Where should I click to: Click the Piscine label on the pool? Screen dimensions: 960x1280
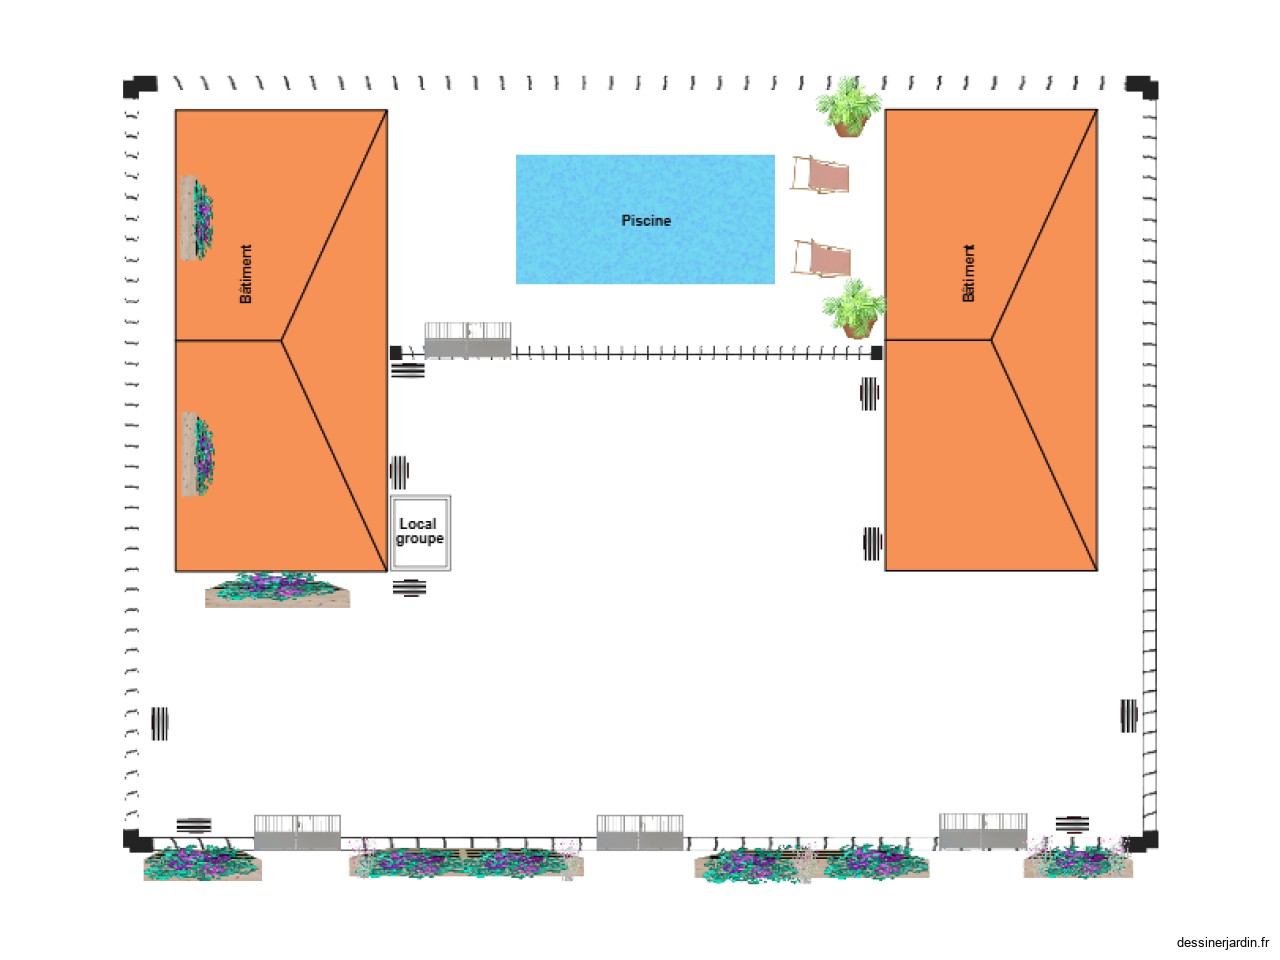(646, 220)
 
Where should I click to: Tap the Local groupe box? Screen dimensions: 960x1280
(420, 532)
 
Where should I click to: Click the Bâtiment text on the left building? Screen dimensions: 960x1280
(246, 274)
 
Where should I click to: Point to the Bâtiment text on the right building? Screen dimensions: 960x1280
(968, 273)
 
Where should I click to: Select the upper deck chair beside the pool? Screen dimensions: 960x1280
(821, 174)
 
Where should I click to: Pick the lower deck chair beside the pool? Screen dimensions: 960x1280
(822, 259)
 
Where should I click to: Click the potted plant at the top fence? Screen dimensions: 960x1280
(849, 107)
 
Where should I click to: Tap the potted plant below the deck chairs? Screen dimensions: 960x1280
(855, 310)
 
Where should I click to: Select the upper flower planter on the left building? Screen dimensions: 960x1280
(197, 218)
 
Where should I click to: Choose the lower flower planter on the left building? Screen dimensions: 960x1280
(198, 454)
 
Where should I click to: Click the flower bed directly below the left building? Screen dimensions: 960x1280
(277, 590)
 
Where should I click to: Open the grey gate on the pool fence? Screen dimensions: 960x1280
(468, 341)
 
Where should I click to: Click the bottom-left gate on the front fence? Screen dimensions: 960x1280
(297, 833)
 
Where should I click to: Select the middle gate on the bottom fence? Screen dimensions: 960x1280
(640, 833)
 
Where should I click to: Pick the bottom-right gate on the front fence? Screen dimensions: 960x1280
(983, 832)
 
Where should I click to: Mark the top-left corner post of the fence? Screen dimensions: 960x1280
(139, 87)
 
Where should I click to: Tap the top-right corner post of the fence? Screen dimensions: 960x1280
(1142, 87)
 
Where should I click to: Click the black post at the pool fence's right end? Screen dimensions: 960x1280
(877, 353)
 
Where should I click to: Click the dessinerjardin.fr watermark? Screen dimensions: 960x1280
(1222, 942)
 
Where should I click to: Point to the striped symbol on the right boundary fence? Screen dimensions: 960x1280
(1129, 716)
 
